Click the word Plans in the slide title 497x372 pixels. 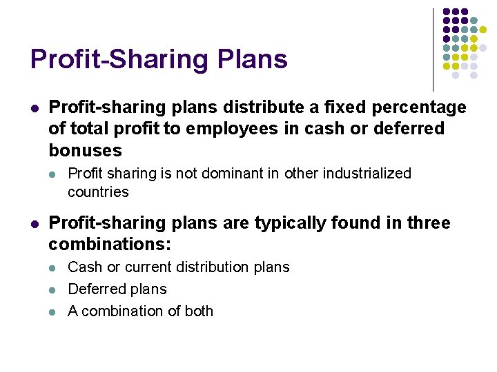pos(253,60)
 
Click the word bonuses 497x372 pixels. pos(85,150)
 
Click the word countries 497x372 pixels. pos(98,192)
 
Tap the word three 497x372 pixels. pos(428,223)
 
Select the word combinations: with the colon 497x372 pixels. pos(110,245)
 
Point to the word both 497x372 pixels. pos(199,311)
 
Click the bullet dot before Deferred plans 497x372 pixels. pos(55,289)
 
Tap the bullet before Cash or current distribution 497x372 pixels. pos(55,267)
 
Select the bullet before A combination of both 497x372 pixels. pos(55,311)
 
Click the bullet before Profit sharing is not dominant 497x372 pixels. pos(55,174)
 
